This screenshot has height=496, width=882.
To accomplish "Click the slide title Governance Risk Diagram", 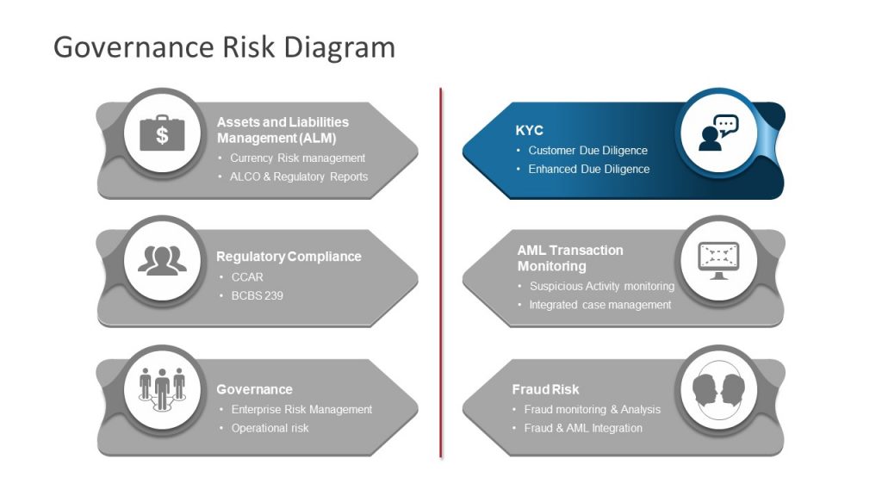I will pyautogui.click(x=224, y=46).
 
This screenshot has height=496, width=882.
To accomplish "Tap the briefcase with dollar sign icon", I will pyautogui.click(x=162, y=133).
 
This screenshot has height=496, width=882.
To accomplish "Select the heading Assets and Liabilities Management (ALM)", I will pyautogui.click(x=283, y=130).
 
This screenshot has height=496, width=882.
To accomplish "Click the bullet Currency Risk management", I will pyautogui.click(x=297, y=158).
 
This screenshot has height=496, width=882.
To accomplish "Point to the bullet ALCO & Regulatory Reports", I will pyautogui.click(x=298, y=177).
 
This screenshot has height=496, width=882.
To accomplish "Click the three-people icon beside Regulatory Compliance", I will pyautogui.click(x=162, y=261).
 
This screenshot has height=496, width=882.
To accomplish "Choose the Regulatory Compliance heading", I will pyautogui.click(x=289, y=257).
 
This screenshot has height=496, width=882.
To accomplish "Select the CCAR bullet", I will pyautogui.click(x=247, y=277).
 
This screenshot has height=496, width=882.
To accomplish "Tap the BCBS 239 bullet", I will pyautogui.click(x=257, y=295).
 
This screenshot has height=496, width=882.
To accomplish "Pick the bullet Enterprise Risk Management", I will pyautogui.click(x=301, y=410).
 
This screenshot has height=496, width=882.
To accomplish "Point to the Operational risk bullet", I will pyautogui.click(x=270, y=428).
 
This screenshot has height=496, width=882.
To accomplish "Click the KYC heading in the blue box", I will pyautogui.click(x=529, y=131).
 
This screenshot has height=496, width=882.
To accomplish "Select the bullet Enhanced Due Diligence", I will pyautogui.click(x=588, y=169).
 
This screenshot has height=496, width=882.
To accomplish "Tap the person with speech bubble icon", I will pyautogui.click(x=718, y=133).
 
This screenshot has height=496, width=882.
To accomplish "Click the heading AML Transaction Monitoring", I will pyautogui.click(x=570, y=258).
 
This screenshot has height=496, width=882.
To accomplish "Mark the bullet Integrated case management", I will pyautogui.click(x=599, y=305).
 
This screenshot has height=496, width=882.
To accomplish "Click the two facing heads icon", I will pyautogui.click(x=717, y=390).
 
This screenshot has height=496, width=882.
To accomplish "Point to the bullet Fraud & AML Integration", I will pyautogui.click(x=583, y=428).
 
